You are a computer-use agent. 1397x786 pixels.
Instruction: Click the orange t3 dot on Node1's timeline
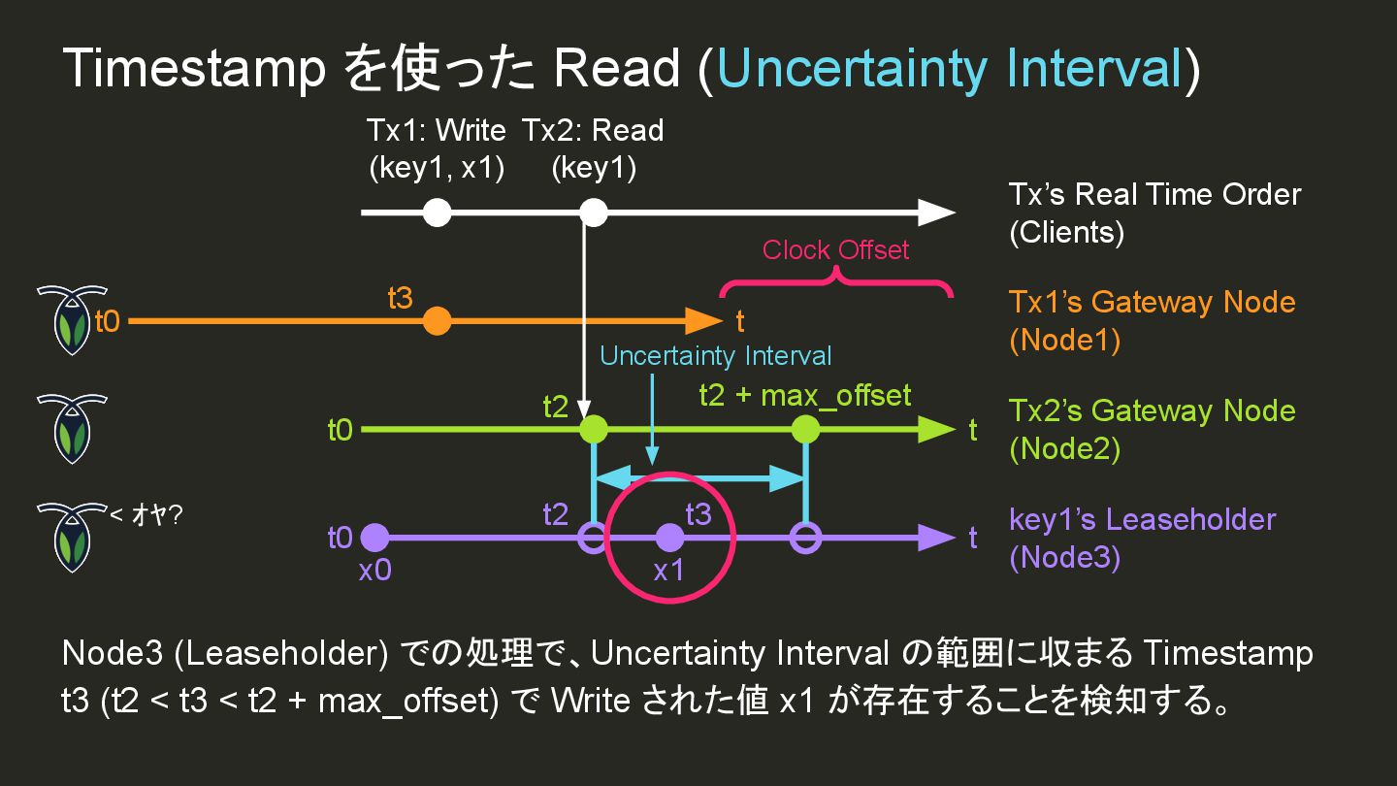(438, 320)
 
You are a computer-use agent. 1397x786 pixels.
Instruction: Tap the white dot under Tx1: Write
(438, 212)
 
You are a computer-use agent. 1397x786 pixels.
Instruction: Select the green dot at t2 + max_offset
(806, 429)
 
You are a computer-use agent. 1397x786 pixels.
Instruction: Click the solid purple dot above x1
(669, 538)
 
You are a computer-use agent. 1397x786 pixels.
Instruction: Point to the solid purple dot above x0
(374, 538)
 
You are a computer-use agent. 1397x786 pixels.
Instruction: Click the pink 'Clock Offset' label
(835, 250)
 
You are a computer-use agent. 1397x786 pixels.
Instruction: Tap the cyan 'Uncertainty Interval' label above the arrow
(716, 356)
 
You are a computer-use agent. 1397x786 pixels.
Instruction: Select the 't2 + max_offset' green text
(805, 396)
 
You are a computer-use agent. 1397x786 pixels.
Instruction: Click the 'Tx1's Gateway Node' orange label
(1152, 302)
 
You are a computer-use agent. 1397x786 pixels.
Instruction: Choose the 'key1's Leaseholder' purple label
(1142, 519)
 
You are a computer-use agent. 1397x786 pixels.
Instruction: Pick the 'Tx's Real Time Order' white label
(1154, 194)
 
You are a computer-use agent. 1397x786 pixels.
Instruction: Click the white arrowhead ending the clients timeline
(936, 212)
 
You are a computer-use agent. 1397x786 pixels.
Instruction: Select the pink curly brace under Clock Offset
(835, 283)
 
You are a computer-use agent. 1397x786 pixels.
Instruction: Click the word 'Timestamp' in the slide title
(194, 69)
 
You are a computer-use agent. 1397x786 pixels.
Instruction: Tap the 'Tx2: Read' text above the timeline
(593, 130)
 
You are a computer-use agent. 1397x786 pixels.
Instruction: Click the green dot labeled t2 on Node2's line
(593, 429)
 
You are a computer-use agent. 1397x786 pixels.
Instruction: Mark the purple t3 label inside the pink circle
(698, 514)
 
